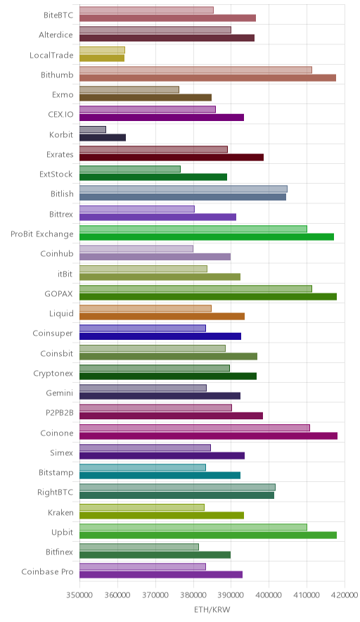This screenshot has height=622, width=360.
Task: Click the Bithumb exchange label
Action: tap(57, 75)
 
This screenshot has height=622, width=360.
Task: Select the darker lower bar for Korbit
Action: tap(102, 138)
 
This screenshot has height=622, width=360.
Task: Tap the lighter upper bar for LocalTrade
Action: tap(102, 50)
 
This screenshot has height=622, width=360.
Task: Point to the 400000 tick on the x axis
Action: tap(269, 595)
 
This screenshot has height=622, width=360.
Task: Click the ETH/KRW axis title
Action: tap(212, 610)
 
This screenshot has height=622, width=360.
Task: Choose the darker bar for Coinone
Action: tap(208, 436)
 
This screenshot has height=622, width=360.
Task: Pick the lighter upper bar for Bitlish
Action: tap(184, 189)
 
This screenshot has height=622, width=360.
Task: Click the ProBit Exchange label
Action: tap(42, 234)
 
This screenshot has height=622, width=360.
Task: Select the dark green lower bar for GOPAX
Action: tap(207, 297)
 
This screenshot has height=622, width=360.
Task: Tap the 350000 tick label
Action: tap(79, 595)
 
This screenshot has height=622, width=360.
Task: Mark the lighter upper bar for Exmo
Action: tap(129, 89)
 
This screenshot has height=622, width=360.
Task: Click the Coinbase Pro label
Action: tap(47, 571)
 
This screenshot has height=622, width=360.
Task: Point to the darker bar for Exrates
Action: tap(172, 158)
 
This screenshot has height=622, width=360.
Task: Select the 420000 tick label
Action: tap(345, 595)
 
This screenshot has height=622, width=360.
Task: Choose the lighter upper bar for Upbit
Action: tap(193, 527)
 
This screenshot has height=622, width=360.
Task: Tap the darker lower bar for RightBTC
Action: tap(176, 495)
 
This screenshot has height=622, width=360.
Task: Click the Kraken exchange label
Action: tap(60, 512)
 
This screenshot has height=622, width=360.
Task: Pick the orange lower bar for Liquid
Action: tap(162, 317)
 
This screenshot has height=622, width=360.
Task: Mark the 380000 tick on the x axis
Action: tap(193, 595)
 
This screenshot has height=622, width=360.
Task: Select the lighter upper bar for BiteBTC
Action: tap(146, 11)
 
